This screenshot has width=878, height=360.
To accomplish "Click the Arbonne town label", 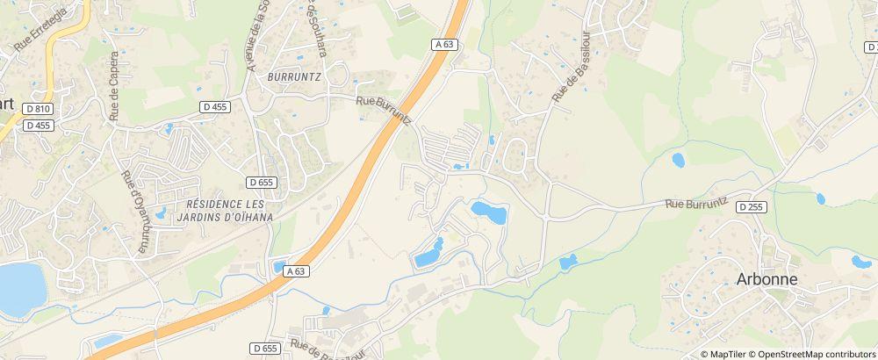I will coord(766,279).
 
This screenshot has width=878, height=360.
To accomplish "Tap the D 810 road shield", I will coord(36,108).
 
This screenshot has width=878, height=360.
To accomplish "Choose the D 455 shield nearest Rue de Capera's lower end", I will coord(214,106).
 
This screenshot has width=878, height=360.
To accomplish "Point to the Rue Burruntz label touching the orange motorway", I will coord(384,111).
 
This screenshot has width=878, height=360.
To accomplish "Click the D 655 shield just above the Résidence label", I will coord(262,183).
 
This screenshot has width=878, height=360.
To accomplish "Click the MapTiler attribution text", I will coord(727,354).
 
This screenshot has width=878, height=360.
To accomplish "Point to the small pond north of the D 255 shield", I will coord(678,160).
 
